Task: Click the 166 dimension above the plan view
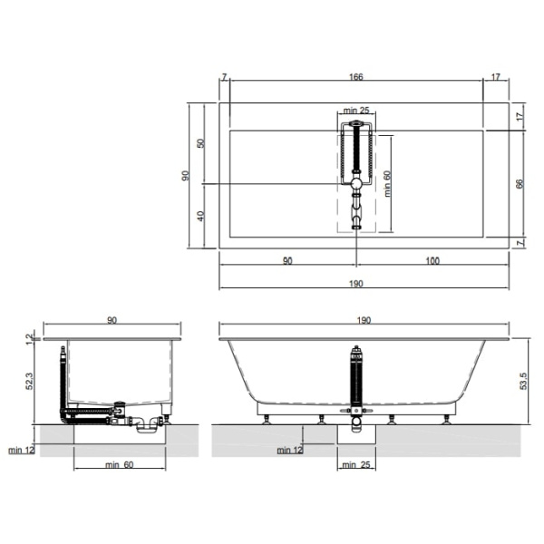pyautogui.click(x=356, y=77)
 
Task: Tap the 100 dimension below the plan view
pyautogui.click(x=432, y=261)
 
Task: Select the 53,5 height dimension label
pyautogui.click(x=523, y=381)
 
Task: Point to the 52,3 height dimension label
pyautogui.click(x=30, y=381)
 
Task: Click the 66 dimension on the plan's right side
pyautogui.click(x=520, y=184)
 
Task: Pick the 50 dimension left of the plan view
pyautogui.click(x=201, y=143)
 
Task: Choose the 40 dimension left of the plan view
pyautogui.click(x=201, y=216)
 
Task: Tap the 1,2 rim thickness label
pyautogui.click(x=30, y=339)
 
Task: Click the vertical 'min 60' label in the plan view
pyautogui.click(x=387, y=184)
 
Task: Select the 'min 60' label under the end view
pyautogui.click(x=120, y=464)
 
